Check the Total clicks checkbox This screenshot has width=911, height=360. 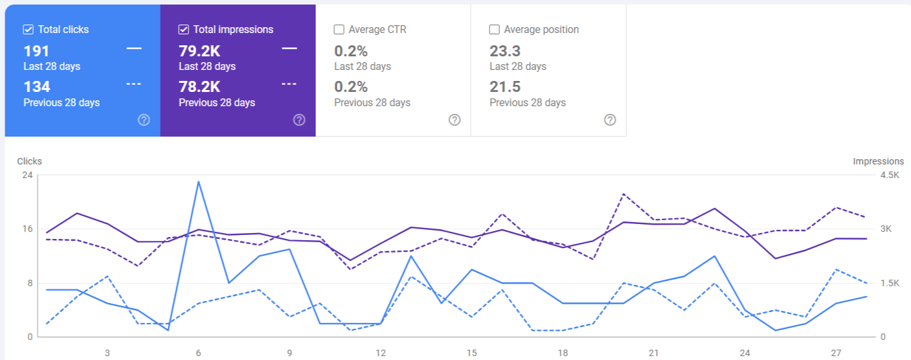tap(28, 29)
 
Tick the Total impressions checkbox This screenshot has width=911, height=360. tap(184, 29)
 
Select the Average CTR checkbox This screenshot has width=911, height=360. tap(339, 29)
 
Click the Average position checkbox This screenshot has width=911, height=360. tap(495, 29)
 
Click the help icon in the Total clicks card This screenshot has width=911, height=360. tap(144, 120)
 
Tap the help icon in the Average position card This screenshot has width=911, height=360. tap(610, 120)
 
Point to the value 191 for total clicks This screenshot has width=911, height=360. tap(36, 51)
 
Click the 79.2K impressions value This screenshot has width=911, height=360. tap(199, 51)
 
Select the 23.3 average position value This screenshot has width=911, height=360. tap(505, 51)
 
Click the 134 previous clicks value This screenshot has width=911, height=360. tap(37, 87)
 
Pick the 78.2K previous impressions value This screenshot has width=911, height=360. tap(199, 87)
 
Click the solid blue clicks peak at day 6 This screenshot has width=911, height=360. tap(198, 181)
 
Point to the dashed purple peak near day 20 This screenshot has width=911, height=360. tap(623, 194)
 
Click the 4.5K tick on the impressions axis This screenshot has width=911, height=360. tap(890, 175)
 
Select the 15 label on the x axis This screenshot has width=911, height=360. tap(472, 353)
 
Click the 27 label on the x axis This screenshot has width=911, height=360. tap(836, 353)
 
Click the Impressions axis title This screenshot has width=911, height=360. tap(878, 161)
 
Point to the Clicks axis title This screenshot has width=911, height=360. tap(29, 161)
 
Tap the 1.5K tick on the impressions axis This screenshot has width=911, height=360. tap(890, 283)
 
